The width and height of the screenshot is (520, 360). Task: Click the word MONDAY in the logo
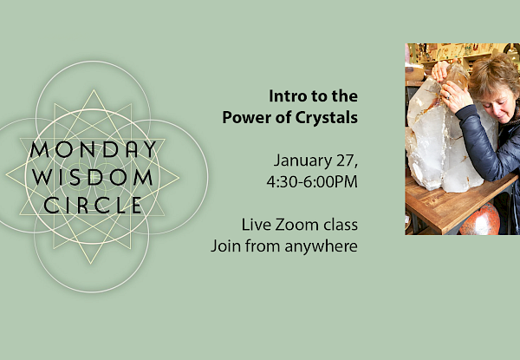[94, 150]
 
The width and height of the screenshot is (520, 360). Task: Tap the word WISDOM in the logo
[93, 178]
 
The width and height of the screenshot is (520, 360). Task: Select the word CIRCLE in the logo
[94, 206]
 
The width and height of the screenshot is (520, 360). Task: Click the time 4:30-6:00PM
[312, 182]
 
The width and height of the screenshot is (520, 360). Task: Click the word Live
[256, 225]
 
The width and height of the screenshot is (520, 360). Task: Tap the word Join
[225, 246]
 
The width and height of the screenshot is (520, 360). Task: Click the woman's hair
[494, 75]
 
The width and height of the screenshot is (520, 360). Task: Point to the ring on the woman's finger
[448, 97]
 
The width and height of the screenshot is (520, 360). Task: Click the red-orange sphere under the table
[479, 219]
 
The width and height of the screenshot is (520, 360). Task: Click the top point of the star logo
[94, 90]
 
